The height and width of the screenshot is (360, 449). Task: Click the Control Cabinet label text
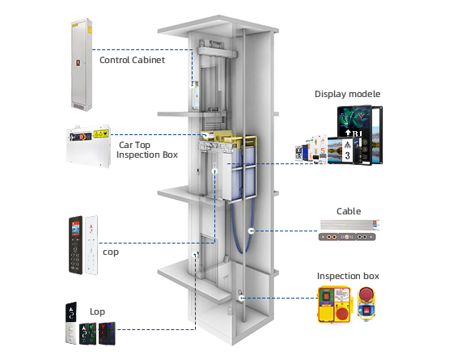click(x=132, y=60)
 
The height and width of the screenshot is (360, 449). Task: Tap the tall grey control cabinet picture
click(x=82, y=65)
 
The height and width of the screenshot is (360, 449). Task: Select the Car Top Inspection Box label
click(x=147, y=150)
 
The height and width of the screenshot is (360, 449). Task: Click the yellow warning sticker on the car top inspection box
click(x=101, y=133)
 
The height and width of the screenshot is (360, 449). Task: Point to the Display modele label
click(x=347, y=94)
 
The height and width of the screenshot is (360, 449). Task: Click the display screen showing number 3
click(x=347, y=150)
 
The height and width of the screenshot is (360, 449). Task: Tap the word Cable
click(x=349, y=211)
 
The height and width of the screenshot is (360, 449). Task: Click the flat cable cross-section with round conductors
click(x=347, y=237)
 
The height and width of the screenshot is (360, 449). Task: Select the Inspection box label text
click(x=348, y=276)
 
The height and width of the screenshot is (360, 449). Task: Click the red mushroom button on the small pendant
click(x=366, y=294)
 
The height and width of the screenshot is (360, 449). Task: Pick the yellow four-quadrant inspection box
click(x=334, y=304)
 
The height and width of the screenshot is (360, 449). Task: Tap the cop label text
click(x=111, y=252)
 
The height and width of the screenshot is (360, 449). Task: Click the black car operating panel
click(x=75, y=245)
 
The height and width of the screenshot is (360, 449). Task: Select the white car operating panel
click(x=91, y=245)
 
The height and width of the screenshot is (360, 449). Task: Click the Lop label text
click(x=97, y=311)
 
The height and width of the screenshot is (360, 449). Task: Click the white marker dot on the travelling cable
click(x=251, y=231)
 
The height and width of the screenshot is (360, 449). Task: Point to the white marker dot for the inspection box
click(x=241, y=299)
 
